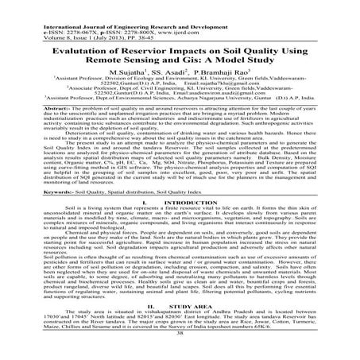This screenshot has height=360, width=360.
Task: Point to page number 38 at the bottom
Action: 180,354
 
